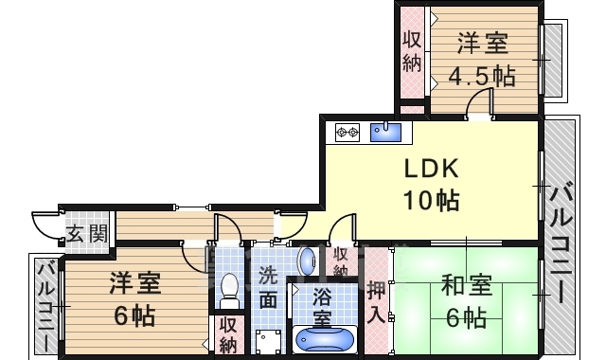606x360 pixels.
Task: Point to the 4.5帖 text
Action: click(484, 75)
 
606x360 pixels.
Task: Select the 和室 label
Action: click(466, 284)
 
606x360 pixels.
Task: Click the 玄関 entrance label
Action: click(86, 234)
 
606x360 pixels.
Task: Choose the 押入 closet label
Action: click(377, 300)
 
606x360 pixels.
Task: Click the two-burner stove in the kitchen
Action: click(347, 131)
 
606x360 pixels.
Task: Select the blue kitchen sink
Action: click(386, 132)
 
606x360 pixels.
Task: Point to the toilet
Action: click(228, 288)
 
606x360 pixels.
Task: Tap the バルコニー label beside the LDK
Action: click(559, 242)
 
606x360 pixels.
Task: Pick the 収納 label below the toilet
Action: click(228, 333)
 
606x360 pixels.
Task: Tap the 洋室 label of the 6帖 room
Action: click(134, 282)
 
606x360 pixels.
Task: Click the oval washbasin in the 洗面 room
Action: click(306, 261)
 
